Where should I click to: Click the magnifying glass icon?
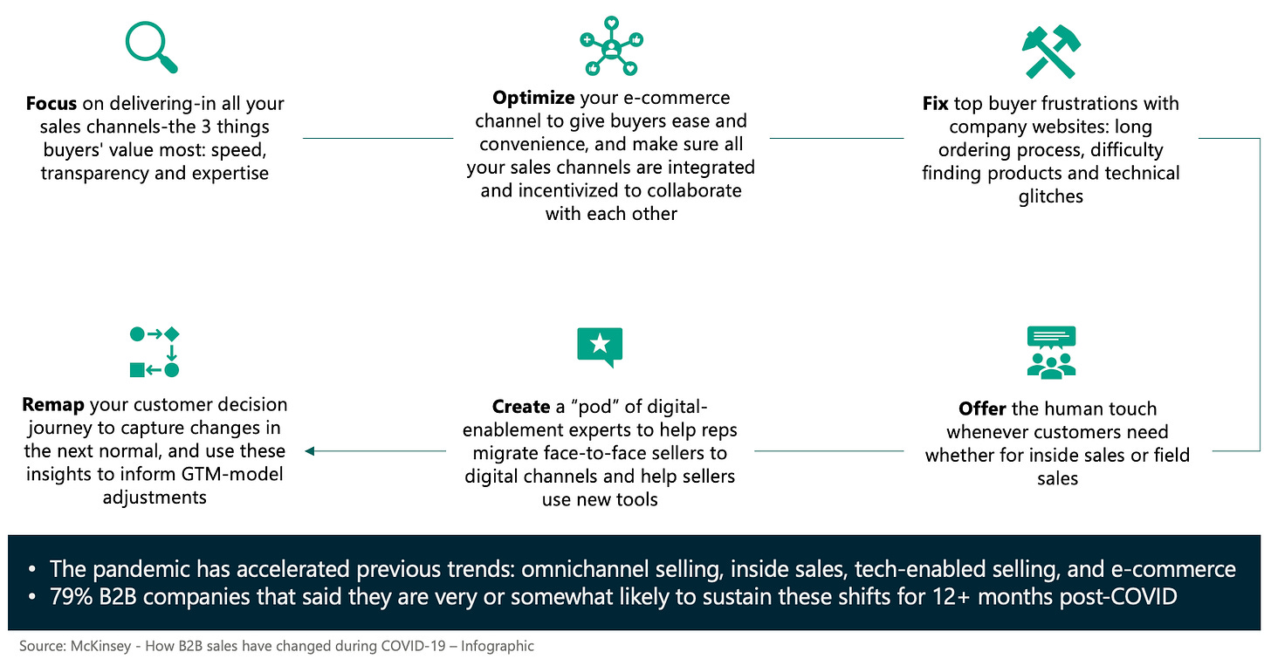coord(152,46)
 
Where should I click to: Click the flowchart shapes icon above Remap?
coord(155,352)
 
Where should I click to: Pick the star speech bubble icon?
coord(600,347)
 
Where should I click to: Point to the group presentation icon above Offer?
coord(1051,352)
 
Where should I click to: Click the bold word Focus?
coord(52,104)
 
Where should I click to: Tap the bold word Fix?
coord(936,104)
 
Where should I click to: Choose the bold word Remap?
coord(52,405)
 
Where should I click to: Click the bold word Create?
coord(521,408)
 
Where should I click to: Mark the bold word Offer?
coord(982,408)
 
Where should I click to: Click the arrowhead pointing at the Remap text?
coord(308,451)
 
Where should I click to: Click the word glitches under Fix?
coord(1051,196)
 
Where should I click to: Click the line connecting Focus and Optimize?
coord(377,138)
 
